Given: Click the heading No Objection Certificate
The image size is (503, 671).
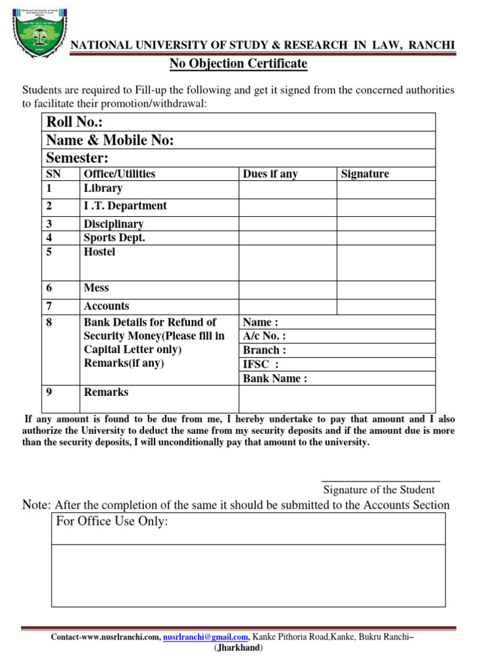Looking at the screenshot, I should point(238,64).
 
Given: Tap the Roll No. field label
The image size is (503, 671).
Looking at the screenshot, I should point(75,123).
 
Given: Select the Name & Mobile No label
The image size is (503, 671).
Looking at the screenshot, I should point(109,140).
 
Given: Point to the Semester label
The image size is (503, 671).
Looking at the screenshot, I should point(77,158).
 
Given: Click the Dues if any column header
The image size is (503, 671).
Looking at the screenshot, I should point(270,174).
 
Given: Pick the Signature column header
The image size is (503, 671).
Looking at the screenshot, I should point(365,174).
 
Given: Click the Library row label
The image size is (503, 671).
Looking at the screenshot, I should point(103,188).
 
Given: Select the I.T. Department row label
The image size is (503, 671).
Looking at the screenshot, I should point(125,206).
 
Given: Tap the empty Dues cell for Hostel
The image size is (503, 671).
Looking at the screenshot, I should point(288,262).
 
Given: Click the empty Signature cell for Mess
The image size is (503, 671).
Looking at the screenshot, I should point(386,289).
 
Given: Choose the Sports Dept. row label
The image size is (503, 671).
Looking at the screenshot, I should point(114,237).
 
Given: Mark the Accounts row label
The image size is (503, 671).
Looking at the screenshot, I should point(106,306).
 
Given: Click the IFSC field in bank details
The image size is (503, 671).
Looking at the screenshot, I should point(261,364).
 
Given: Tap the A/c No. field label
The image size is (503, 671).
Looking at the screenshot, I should point(264,336).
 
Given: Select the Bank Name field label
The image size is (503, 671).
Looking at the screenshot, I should point(275,378).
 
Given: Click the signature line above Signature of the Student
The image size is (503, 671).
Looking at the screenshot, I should point(381,481).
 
